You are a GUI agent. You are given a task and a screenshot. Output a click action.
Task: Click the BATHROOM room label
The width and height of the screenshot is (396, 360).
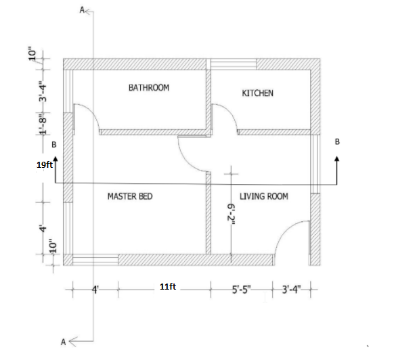point(149,87)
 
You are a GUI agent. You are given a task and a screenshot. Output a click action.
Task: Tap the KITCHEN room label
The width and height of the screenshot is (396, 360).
point(258,93)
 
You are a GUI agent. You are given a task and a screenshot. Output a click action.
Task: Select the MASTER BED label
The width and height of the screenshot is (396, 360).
point(130,196)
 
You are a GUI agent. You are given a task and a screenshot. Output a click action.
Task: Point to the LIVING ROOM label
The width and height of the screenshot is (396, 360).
point(264,196)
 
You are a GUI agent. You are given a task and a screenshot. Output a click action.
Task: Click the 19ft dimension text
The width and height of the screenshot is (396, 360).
point(45,165)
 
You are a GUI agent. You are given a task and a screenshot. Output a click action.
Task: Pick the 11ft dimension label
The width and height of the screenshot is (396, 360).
point(168,286)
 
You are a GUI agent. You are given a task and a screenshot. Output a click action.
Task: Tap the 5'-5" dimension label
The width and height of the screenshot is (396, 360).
point(242,290)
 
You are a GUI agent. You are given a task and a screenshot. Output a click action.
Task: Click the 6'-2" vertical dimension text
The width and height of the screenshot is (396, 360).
point(232,215)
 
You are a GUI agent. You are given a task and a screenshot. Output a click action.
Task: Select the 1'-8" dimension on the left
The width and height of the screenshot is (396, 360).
point(43,123)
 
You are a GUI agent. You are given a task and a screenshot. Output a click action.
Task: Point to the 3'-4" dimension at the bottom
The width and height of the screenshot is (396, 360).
point(292,290)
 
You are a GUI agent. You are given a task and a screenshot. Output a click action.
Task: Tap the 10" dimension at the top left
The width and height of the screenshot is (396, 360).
point(32,53)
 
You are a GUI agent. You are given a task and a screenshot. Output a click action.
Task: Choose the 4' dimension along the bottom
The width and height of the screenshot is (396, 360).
point(95,290)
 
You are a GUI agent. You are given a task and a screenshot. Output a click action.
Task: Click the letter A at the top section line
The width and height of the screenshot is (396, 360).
point(82,10)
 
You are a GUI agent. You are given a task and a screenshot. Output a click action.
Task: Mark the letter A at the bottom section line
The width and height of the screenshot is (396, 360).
point(64,342)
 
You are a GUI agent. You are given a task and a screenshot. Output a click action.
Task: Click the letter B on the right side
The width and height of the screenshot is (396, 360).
point(337,142)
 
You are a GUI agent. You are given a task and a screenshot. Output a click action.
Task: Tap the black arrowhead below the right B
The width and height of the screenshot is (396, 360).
point(337,158)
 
